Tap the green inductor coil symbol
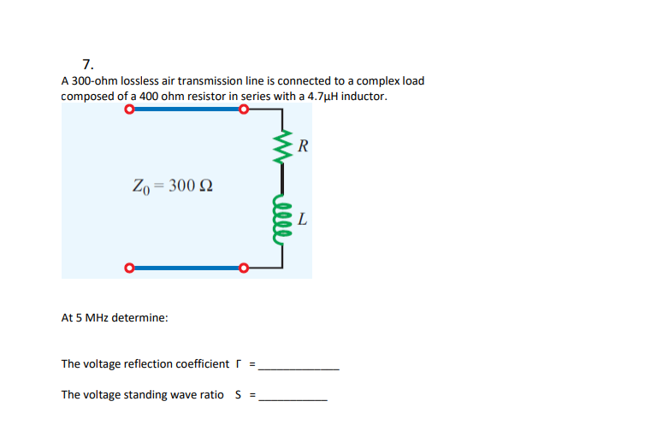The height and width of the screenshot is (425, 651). [x=279, y=217]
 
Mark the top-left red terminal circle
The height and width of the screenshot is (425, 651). [x=129, y=109]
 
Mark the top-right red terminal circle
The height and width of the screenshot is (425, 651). [x=244, y=109]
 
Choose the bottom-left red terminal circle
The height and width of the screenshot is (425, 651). [x=129, y=269]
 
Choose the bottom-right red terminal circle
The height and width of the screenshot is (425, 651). [x=244, y=269]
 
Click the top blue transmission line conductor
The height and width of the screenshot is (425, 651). [x=186, y=109]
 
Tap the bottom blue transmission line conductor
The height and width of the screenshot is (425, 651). [x=186, y=269]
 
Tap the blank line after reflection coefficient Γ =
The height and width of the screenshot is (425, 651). [x=299, y=367]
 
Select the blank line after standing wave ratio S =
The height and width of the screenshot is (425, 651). [x=293, y=398]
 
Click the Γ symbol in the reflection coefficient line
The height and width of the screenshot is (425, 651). [x=239, y=364]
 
